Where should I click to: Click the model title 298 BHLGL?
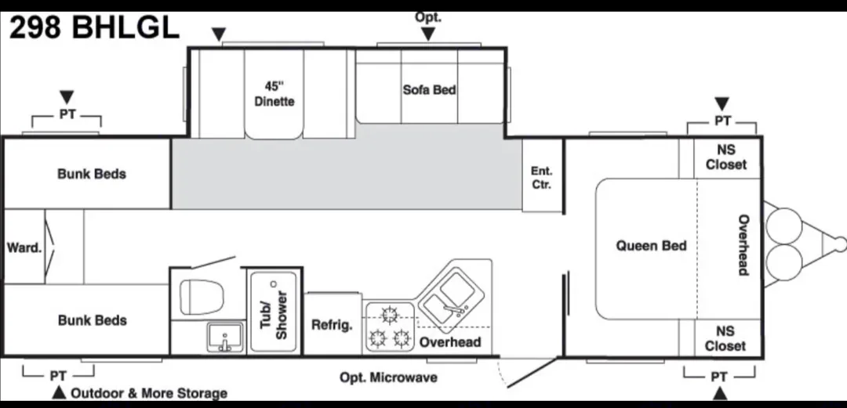pyautogui.click(x=94, y=27)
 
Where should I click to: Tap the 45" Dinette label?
pyautogui.click(x=274, y=94)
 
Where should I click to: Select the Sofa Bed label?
pyautogui.click(x=429, y=90)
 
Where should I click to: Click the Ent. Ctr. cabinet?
pyautogui.click(x=541, y=178)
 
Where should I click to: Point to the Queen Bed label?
pyautogui.click(x=651, y=246)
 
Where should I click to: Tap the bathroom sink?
pyautogui.click(x=224, y=338)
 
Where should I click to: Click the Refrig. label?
pyautogui.click(x=332, y=325)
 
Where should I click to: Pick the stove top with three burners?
pyautogui.click(x=389, y=327)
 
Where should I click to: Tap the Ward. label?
pyautogui.click(x=24, y=247)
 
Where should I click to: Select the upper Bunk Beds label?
pyautogui.click(x=92, y=174)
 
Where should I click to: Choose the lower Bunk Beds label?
pyautogui.click(x=92, y=320)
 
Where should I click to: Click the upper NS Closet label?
pyautogui.click(x=726, y=157)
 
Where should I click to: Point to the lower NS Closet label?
pyautogui.click(x=725, y=339)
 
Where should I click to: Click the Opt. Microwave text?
pyautogui.click(x=388, y=377)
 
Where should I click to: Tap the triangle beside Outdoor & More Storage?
pyautogui.click(x=58, y=392)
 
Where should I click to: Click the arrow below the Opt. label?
pyautogui.click(x=428, y=34)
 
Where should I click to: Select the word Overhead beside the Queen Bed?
pyautogui.click(x=743, y=245)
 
